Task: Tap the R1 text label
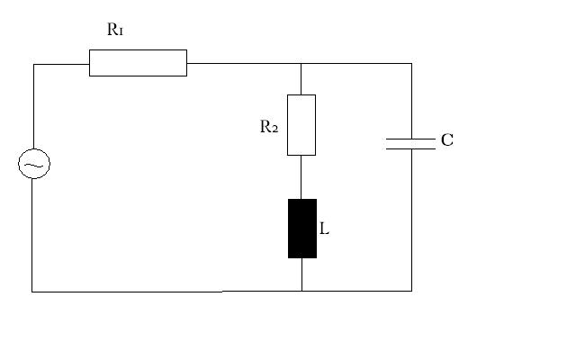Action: click(115, 30)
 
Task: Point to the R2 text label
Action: click(269, 126)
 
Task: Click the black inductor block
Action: click(302, 229)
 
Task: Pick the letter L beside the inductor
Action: click(324, 229)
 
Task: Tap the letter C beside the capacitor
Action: click(447, 140)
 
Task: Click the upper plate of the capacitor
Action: click(410, 139)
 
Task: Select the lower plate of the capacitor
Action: click(410, 148)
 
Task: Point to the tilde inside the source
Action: click(34, 166)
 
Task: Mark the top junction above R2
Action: click(301, 64)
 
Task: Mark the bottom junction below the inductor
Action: click(302, 291)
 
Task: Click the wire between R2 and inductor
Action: click(301, 177)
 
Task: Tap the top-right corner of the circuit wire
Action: click(411, 64)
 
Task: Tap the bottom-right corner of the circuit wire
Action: click(411, 291)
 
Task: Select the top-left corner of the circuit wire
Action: click(34, 65)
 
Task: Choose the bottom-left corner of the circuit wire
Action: click(32, 292)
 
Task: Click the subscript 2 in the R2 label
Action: click(274, 129)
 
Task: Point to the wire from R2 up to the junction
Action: click(301, 79)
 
